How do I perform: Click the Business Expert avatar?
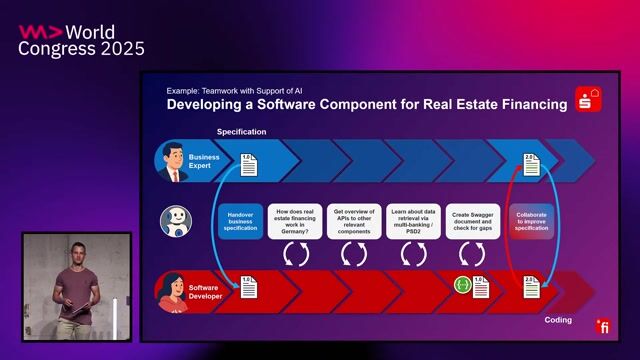(173, 161)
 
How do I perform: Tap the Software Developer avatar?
(173, 292)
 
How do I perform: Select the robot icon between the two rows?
(176, 221)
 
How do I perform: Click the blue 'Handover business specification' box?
(241, 222)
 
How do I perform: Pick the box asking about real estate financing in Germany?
(298, 222)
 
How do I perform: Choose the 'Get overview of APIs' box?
(355, 222)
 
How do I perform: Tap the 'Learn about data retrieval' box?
(414, 222)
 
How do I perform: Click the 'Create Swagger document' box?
(472, 222)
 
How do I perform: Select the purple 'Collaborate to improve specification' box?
(531, 222)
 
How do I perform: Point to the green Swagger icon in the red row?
(463, 286)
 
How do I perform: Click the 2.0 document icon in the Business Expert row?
(531, 163)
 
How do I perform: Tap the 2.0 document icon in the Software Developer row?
(531, 287)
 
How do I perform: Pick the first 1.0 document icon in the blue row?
(248, 163)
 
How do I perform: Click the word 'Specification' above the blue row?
(242, 132)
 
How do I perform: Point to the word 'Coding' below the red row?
(558, 320)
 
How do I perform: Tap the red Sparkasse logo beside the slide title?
(587, 99)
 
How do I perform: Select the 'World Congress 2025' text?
(81, 40)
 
